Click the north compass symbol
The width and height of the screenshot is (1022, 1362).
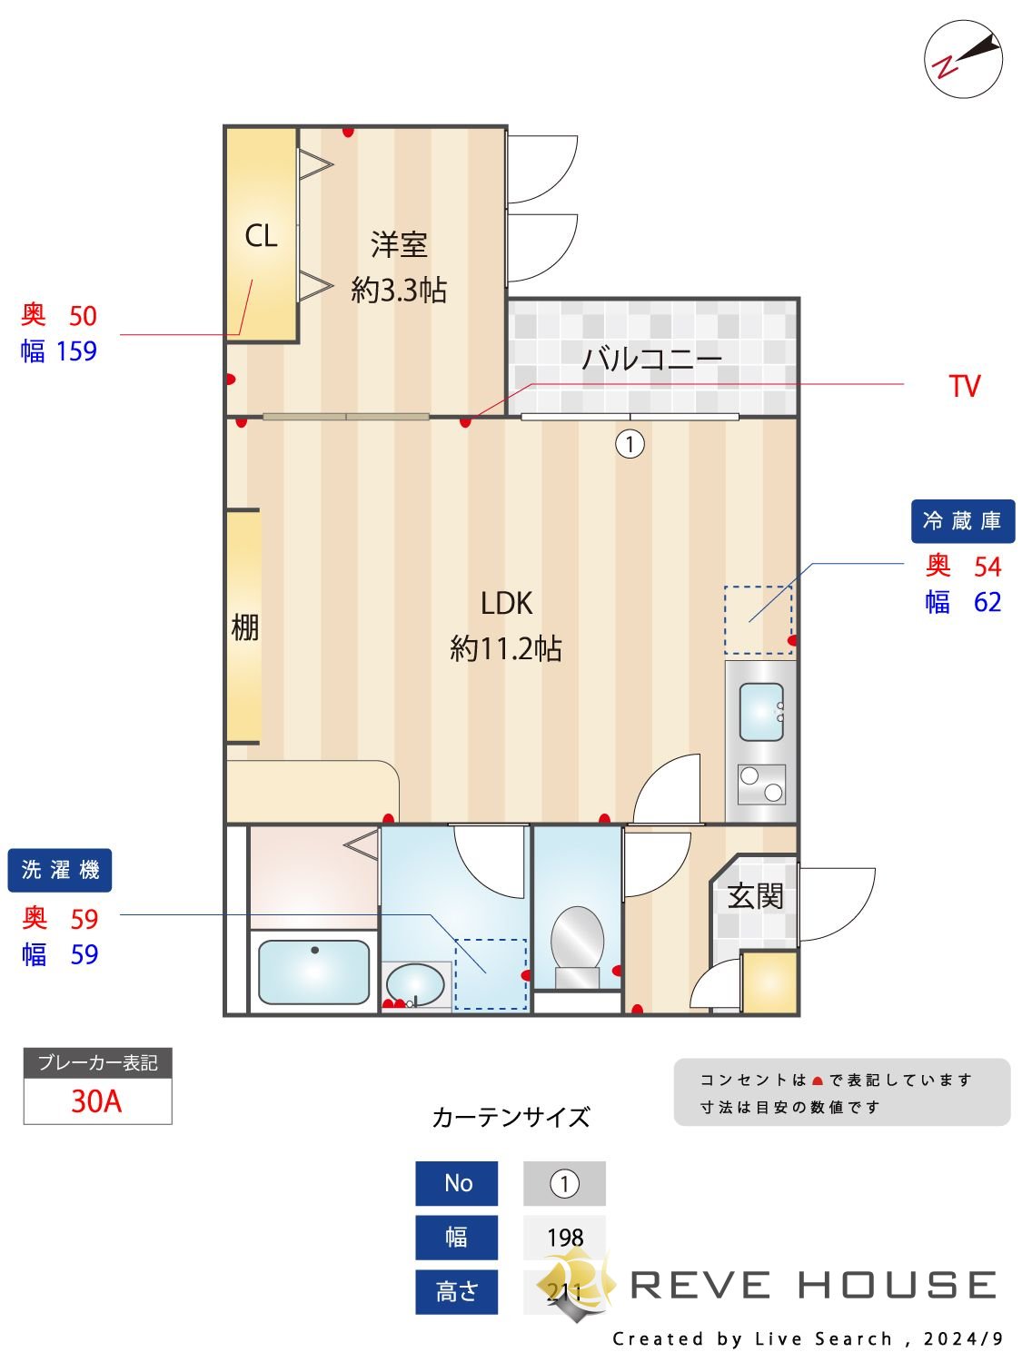pyautogui.click(x=963, y=59)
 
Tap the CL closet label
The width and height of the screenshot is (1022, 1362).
pyautogui.click(x=261, y=236)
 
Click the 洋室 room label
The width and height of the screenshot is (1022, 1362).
pyautogui.click(x=399, y=244)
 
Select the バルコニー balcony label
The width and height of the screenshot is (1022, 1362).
pyautogui.click(x=651, y=359)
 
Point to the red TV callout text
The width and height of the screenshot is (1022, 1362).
pyautogui.click(x=964, y=387)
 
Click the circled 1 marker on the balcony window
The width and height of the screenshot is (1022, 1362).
pyautogui.click(x=630, y=444)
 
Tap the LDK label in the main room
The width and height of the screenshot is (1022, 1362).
pyautogui.click(x=506, y=603)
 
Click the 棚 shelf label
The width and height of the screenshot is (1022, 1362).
pyautogui.click(x=244, y=627)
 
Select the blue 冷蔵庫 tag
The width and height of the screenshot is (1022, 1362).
pyautogui.click(x=962, y=521)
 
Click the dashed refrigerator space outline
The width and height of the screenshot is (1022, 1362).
pyautogui.click(x=759, y=619)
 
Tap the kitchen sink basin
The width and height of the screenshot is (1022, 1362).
pyautogui.click(x=761, y=712)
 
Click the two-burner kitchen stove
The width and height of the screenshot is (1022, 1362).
pyautogui.click(x=761, y=785)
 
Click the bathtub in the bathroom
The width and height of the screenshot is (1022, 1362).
pyautogui.click(x=313, y=972)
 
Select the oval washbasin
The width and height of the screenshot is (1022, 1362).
pyautogui.click(x=415, y=983)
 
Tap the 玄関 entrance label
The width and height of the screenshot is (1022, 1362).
pyautogui.click(x=755, y=897)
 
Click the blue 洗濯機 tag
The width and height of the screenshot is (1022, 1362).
pyautogui.click(x=60, y=870)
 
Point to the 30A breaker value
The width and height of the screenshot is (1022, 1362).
pyautogui.click(x=96, y=1101)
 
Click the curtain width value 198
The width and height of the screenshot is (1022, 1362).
pyautogui.click(x=564, y=1238)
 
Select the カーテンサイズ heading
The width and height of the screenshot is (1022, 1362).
pyautogui.click(x=511, y=1117)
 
